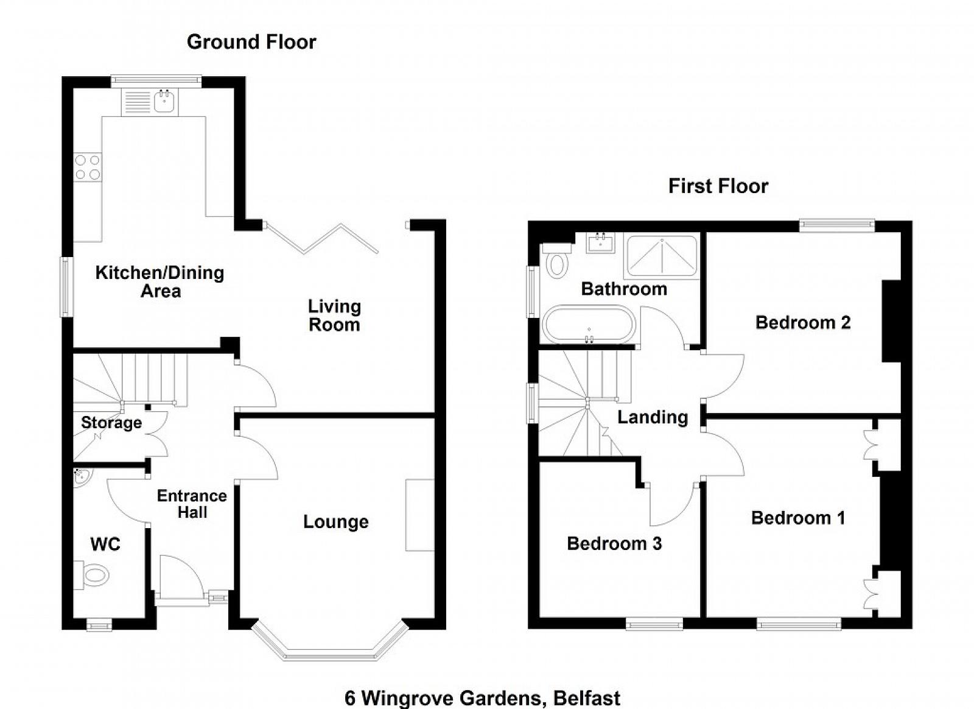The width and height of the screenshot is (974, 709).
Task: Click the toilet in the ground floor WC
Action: tap(91, 575)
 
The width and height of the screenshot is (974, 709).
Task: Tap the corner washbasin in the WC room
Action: tap(80, 477)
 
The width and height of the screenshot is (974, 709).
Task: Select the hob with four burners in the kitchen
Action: tap(88, 168)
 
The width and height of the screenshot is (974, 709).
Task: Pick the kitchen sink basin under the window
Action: tap(164, 101)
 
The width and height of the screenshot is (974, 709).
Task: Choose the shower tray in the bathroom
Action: tap(662, 256)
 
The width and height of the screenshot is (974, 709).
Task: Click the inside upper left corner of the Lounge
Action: tap(240, 419)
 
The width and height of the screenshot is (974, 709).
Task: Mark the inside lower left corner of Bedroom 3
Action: tap(539, 617)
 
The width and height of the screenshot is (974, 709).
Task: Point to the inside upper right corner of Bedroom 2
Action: tap(900, 233)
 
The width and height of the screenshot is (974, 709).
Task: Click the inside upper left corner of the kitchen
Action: tap(73, 88)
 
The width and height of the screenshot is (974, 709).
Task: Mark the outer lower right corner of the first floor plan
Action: tap(913, 629)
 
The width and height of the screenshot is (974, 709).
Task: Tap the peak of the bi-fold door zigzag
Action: tap(341, 224)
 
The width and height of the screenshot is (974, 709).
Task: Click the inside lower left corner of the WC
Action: tap(73, 618)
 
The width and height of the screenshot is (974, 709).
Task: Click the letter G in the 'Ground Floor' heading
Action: tap(194, 42)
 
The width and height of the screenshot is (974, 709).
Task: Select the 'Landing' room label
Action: tap(653, 418)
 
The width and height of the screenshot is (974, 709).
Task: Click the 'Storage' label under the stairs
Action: tap(112, 423)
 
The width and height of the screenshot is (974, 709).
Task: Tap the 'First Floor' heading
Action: tap(718, 186)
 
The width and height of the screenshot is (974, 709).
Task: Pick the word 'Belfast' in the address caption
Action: tap(587, 698)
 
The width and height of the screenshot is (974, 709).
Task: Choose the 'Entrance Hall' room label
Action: tap(192, 504)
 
